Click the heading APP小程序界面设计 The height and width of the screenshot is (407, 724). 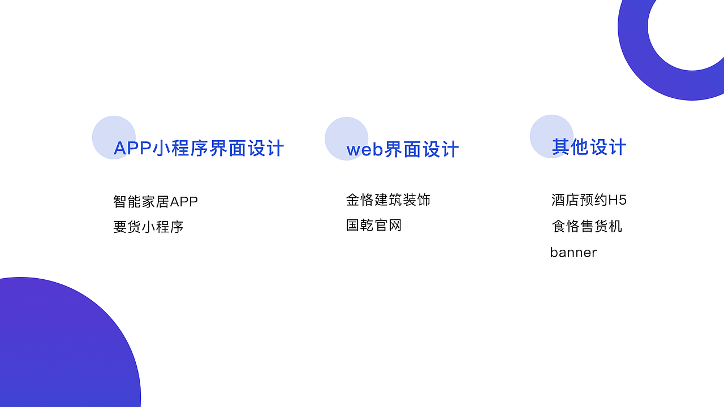[x=199, y=149]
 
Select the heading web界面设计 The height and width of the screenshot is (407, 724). [x=402, y=150]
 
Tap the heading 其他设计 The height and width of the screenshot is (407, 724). [x=589, y=148]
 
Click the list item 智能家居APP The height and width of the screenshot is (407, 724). [x=156, y=202]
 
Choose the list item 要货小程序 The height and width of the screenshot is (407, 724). [x=148, y=227]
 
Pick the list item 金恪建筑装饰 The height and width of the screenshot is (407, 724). [x=388, y=200]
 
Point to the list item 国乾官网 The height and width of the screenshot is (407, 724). [x=374, y=226]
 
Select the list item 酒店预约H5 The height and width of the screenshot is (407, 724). [x=589, y=200]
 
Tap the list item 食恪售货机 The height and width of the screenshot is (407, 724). [x=587, y=226]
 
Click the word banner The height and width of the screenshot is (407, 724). [x=573, y=252]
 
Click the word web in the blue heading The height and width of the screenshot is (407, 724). [x=365, y=150]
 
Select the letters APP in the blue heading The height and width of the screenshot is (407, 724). [x=132, y=149]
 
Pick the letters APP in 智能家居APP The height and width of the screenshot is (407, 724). [x=184, y=202]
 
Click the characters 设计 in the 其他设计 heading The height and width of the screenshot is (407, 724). [x=607, y=148]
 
